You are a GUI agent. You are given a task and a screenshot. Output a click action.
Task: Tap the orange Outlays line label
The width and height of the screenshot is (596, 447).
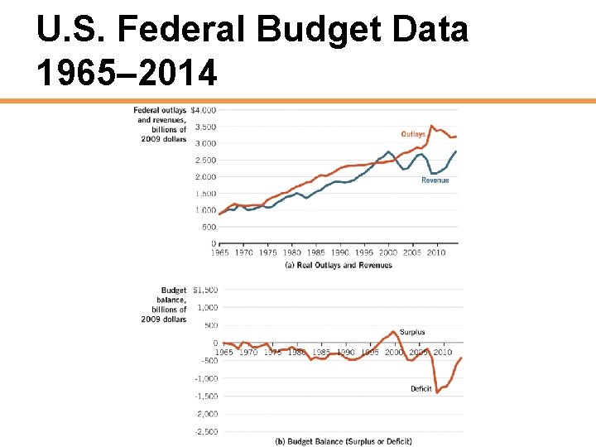point(414,134)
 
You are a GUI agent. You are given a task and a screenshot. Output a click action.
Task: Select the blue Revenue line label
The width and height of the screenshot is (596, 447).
point(435,180)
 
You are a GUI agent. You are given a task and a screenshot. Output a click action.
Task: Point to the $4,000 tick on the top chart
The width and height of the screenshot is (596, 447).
point(204,110)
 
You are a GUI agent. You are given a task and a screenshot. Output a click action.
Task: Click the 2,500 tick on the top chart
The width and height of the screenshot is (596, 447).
point(205,160)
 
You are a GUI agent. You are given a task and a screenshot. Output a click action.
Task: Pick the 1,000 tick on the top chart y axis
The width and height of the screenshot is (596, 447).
point(205,210)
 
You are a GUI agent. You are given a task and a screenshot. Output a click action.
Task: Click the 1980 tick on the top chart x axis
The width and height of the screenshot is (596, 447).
point(292,252)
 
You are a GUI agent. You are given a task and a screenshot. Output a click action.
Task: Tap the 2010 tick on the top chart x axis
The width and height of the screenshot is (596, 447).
point(436,252)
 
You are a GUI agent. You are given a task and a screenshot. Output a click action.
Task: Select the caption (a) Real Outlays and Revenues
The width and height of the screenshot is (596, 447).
point(339,265)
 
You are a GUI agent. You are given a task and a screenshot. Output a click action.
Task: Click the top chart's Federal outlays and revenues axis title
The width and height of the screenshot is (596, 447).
point(161,124)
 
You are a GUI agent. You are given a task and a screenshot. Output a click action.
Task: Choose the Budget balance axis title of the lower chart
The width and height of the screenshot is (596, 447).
point(164,305)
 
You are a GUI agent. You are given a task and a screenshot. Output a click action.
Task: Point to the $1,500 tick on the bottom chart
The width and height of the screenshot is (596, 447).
point(205,291)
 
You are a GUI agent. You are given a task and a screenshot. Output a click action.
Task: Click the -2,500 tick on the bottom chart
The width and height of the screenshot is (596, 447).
point(205,431)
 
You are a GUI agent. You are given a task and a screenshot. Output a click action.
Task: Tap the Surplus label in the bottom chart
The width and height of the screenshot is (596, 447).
point(412,333)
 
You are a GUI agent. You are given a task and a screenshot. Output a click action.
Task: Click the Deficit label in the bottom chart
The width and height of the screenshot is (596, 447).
point(421,388)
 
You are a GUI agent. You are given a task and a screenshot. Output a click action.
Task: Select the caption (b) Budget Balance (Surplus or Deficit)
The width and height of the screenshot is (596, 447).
point(343,441)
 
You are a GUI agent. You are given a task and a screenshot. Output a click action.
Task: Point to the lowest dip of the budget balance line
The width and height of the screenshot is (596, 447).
point(437,392)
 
